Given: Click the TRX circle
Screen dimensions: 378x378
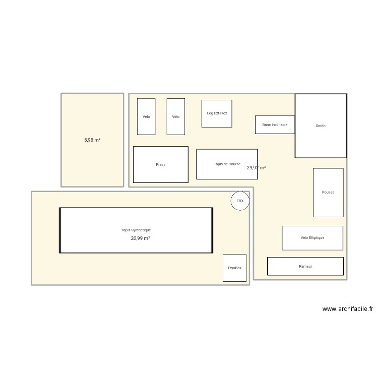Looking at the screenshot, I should (x=240, y=201).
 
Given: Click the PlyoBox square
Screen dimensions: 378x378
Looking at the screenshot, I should (x=235, y=268).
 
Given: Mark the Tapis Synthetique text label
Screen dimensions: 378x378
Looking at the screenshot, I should (x=136, y=230).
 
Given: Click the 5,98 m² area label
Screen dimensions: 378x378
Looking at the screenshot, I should (x=92, y=140).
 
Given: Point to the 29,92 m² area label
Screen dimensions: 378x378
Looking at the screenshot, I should (x=257, y=168).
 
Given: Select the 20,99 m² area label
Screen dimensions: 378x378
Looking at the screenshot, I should (x=141, y=238).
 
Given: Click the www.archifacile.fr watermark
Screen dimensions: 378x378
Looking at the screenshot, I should (x=348, y=309).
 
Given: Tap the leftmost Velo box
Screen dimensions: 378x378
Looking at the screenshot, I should (x=146, y=116).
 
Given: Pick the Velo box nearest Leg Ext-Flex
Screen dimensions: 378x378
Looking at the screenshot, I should (x=175, y=116).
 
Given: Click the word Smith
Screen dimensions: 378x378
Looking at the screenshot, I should (x=321, y=126).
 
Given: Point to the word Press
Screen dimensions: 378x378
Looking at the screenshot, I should (x=160, y=165).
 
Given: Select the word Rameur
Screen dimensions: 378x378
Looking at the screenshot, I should (x=305, y=267).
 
